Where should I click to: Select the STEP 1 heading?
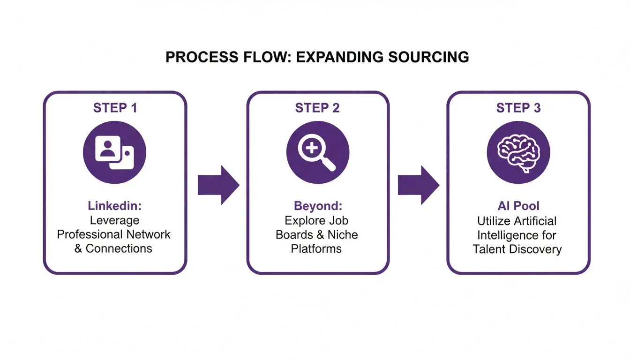tap(115, 108)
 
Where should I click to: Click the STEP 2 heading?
tap(317, 108)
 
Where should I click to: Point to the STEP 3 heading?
tap(518, 108)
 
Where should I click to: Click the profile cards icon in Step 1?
tap(115, 152)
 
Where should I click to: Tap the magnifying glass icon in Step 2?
tap(318, 152)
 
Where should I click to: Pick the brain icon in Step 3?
tap(518, 152)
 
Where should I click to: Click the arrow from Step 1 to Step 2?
tap(218, 185)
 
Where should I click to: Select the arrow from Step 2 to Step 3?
tap(418, 185)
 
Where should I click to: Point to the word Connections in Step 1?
tap(119, 248)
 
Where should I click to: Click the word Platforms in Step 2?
tap(316, 248)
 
